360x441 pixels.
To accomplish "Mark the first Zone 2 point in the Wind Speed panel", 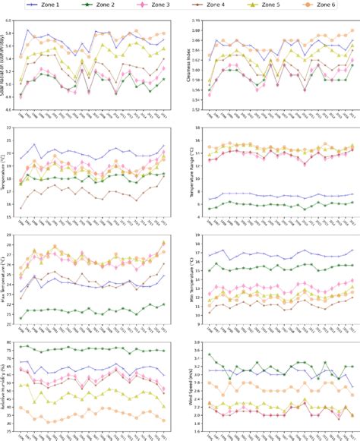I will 210,355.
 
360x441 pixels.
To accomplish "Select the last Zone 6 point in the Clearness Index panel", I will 352,31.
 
